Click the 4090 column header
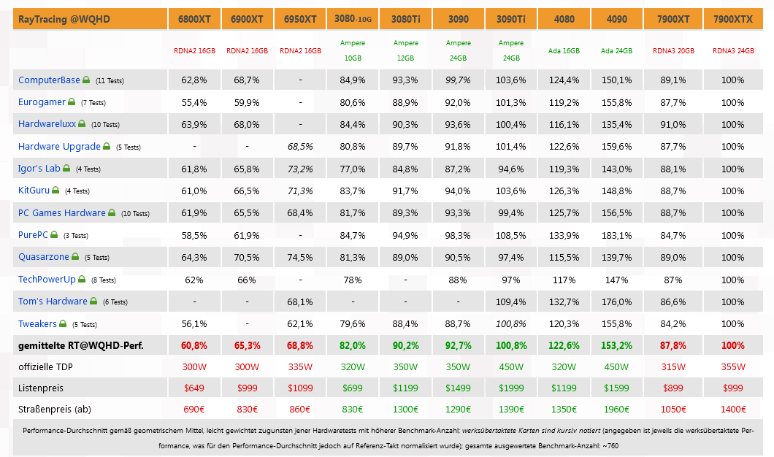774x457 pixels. pyautogui.click(x=616, y=19)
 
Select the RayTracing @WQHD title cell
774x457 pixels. pyautogui.click(x=64, y=19)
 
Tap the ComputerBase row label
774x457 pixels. pyautogui.click(x=49, y=80)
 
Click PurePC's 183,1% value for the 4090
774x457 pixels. pyautogui.click(x=617, y=235)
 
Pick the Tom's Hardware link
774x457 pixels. pyautogui.click(x=53, y=302)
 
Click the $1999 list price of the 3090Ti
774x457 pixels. pyautogui.click(x=511, y=388)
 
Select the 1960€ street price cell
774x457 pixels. pyautogui.click(x=617, y=409)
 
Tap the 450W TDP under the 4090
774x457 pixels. pyautogui.click(x=617, y=366)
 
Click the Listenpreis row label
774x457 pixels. pyautogui.click(x=42, y=388)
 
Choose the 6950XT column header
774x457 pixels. pyautogui.click(x=300, y=19)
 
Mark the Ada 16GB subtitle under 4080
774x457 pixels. pyautogui.click(x=564, y=51)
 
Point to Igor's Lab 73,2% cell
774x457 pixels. pyautogui.click(x=300, y=169)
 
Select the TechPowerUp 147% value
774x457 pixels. pyautogui.click(x=617, y=280)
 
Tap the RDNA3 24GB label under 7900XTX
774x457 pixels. pyautogui.click(x=733, y=51)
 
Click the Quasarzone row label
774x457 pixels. pyautogui.click(x=44, y=257)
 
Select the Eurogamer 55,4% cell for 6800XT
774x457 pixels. pyautogui.click(x=193, y=102)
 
